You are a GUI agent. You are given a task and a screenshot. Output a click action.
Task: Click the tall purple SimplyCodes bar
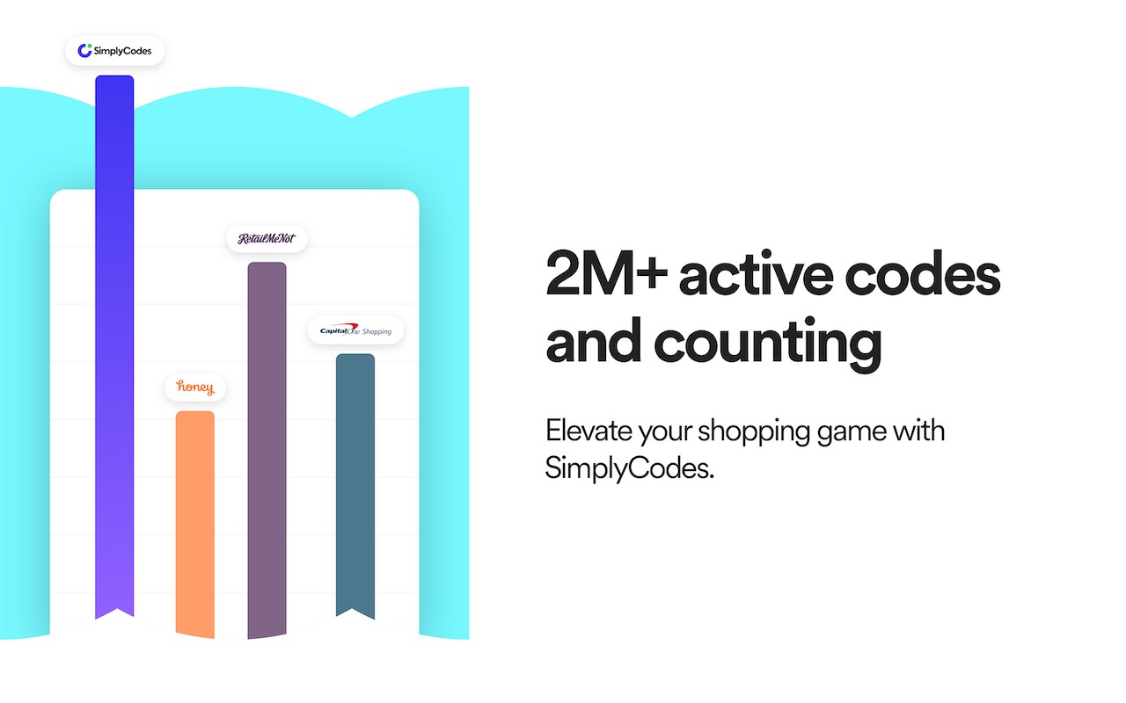pos(114,346)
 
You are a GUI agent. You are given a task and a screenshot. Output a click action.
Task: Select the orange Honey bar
pos(195,525)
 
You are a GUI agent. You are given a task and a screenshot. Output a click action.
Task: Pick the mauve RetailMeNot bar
pos(267,450)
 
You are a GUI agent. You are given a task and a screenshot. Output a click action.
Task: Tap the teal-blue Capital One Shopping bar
pos(355,486)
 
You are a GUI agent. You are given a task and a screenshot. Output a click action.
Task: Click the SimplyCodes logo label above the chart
pos(114,51)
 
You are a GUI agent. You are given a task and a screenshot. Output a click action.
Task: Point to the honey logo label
pos(195,388)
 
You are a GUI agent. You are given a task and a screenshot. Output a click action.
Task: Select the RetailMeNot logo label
pos(267,238)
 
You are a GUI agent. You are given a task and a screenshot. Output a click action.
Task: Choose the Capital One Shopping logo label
pos(356,330)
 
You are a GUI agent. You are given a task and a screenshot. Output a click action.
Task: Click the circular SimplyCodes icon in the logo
pos(84,51)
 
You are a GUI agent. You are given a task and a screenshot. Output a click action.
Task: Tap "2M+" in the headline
pos(607,273)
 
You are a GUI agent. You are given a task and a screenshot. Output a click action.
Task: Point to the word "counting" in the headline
pos(768,344)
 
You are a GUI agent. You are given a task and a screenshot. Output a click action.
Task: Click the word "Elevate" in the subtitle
pos(589,431)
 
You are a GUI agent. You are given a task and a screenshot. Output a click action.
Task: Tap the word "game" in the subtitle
pos(851,434)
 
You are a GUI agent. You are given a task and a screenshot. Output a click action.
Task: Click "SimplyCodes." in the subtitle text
pos(629,468)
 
